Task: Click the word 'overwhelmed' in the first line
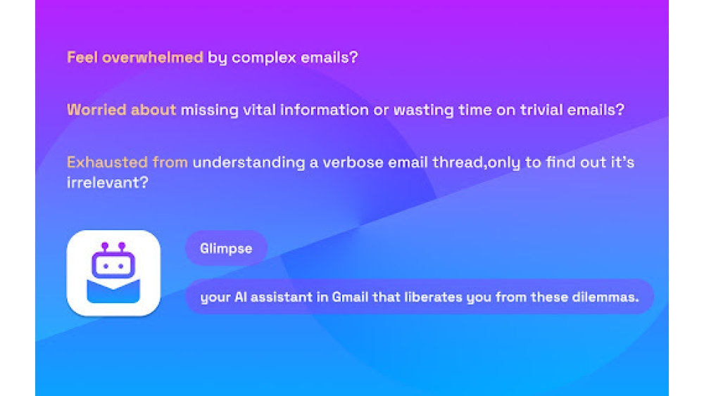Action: (x=153, y=58)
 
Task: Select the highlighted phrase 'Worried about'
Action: (x=121, y=110)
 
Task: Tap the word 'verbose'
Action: (x=349, y=162)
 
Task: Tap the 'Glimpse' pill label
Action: (x=226, y=248)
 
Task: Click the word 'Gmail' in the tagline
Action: (x=349, y=297)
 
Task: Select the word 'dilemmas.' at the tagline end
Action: (x=604, y=297)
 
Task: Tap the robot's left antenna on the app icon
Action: (x=104, y=246)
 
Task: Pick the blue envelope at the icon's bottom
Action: (x=113, y=292)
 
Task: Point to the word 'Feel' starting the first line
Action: (x=82, y=58)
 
